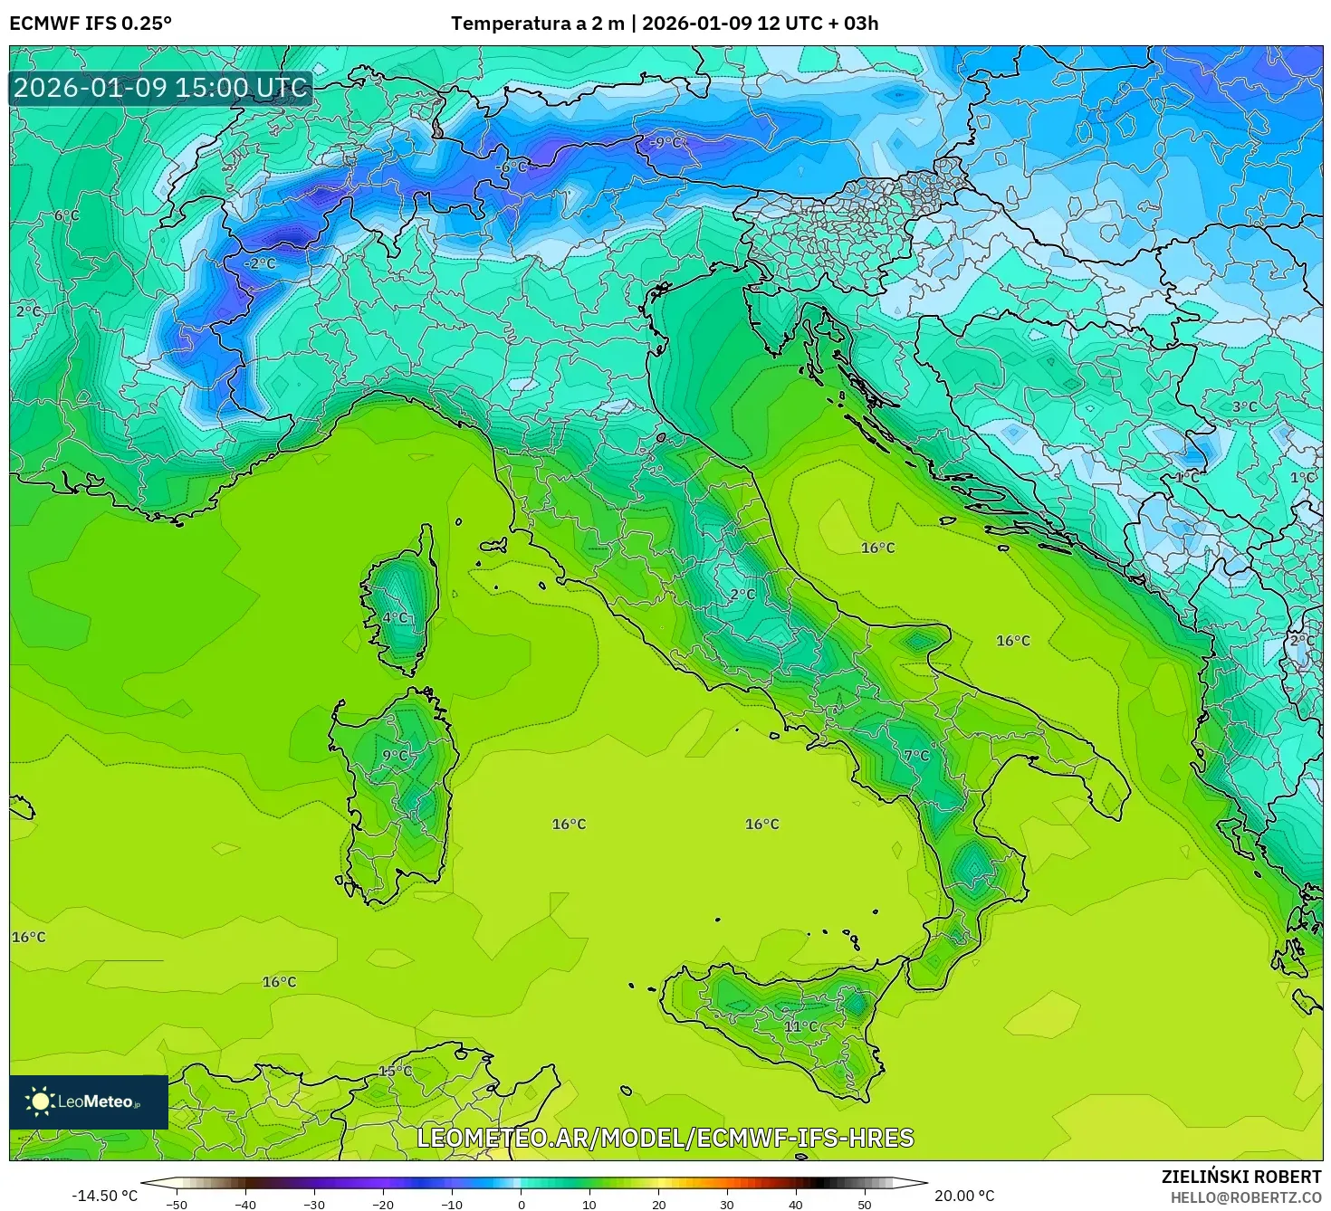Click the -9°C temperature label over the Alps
click(668, 142)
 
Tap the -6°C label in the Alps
click(512, 167)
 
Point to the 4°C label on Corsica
click(396, 617)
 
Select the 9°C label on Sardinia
click(396, 755)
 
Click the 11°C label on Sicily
click(801, 1025)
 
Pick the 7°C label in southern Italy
click(916, 755)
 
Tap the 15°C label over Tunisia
click(395, 1071)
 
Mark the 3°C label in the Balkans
click(1244, 406)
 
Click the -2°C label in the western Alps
click(260, 263)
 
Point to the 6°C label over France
click(66, 215)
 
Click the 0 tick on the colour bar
click(521, 1204)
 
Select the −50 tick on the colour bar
click(177, 1204)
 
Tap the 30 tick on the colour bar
click(727, 1204)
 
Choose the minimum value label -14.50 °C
click(104, 1196)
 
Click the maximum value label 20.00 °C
click(964, 1196)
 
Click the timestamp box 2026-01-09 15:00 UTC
click(161, 88)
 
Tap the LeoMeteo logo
click(89, 1101)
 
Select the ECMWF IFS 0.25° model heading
click(91, 23)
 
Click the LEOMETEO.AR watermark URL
click(665, 1138)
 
